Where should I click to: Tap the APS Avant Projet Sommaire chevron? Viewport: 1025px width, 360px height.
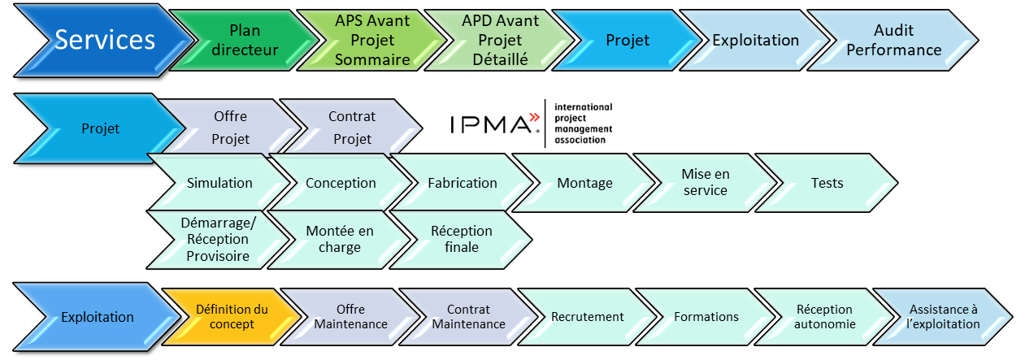372,40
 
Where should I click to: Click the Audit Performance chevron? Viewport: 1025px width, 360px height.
894,40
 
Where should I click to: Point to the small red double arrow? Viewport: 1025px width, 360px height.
534,117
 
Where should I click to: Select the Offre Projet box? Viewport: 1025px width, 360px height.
230,128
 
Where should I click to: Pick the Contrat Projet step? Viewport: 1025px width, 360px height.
352,128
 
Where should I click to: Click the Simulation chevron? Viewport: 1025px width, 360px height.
219,183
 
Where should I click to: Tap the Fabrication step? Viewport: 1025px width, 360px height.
463,183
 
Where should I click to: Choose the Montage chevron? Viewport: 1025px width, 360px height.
584,183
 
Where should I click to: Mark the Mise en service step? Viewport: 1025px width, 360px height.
706,183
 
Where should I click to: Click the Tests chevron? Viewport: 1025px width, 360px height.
827,183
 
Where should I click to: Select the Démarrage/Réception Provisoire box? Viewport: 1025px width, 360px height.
218,239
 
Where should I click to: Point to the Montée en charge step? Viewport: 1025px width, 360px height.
340,239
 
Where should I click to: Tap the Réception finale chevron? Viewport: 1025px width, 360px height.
462,239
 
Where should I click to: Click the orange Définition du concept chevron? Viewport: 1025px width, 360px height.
232,317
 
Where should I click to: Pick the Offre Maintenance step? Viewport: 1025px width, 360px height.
350,317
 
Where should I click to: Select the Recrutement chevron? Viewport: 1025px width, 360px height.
588,317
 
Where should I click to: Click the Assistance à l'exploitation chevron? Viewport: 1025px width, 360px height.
944,317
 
